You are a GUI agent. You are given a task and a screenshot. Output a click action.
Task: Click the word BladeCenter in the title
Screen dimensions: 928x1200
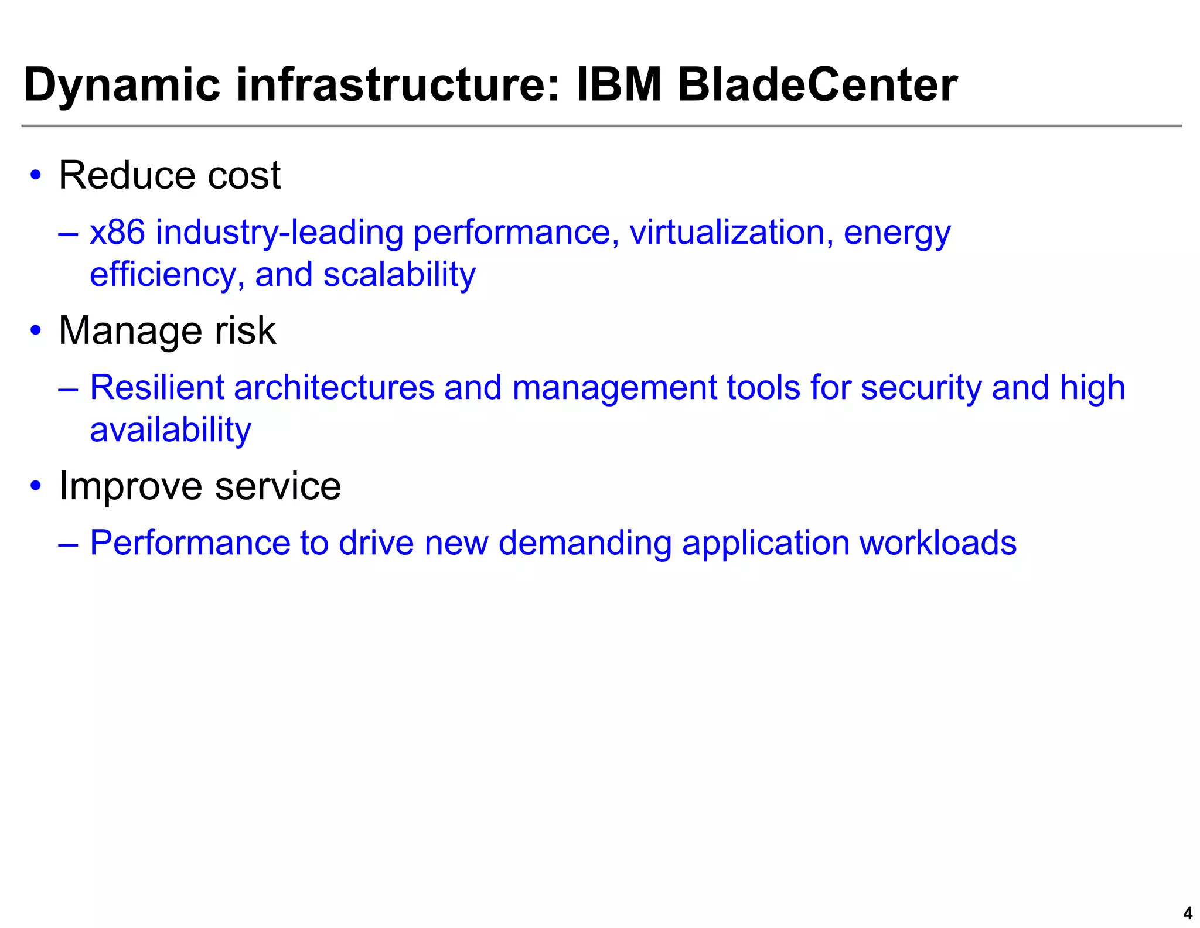(817, 86)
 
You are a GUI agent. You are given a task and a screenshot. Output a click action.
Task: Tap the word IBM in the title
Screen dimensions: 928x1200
(619, 86)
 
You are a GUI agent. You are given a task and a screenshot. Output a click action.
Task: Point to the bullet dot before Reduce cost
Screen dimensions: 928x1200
(36, 175)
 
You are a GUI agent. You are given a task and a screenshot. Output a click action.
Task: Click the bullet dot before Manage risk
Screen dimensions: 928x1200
(36, 330)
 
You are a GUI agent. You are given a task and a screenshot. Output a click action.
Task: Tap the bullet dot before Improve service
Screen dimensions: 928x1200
(36, 486)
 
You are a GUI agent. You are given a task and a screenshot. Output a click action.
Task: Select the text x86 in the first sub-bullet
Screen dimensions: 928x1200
(117, 232)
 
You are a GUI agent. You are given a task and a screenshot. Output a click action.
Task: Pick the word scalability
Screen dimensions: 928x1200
(399, 275)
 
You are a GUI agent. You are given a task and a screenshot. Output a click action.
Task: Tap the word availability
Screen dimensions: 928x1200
(171, 430)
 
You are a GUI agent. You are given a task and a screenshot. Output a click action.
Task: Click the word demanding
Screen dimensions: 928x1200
(585, 544)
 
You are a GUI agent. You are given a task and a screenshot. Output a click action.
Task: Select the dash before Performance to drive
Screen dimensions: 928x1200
(69, 544)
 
